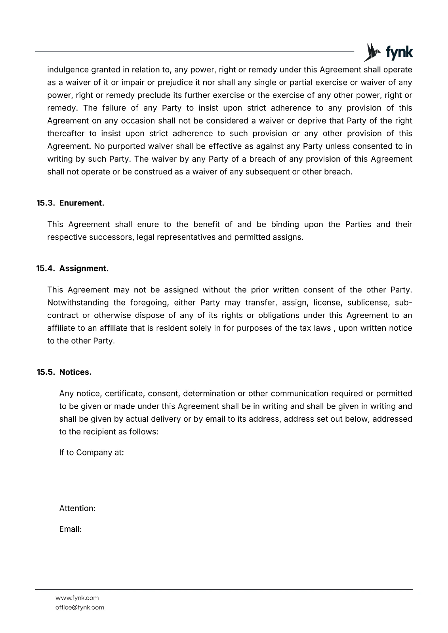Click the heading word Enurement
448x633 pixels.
[x=82, y=203]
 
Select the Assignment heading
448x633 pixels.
[x=84, y=269]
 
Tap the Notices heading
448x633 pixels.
[x=75, y=372]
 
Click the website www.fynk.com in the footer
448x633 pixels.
[x=77, y=598]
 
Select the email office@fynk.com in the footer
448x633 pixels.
[x=80, y=607]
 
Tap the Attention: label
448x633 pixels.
[x=77, y=508]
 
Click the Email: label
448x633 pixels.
[x=70, y=529]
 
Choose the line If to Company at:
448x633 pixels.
[x=92, y=453]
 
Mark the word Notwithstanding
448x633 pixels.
[x=78, y=303]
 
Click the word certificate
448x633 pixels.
[x=124, y=394]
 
